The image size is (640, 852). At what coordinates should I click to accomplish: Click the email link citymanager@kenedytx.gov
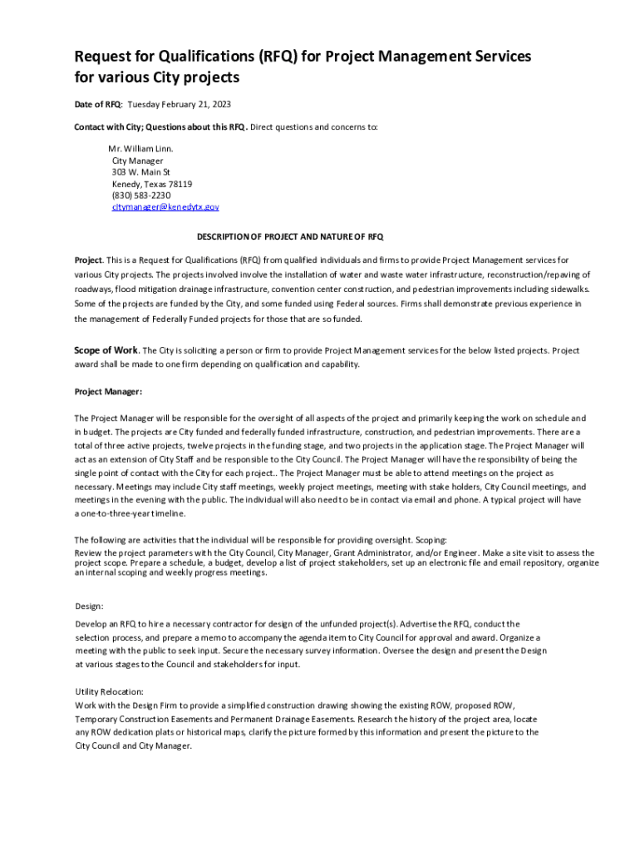tap(165, 206)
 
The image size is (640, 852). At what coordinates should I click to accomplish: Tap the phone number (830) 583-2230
tap(141, 196)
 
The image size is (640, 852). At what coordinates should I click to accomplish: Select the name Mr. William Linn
tap(140, 149)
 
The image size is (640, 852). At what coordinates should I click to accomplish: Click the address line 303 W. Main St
tap(140, 172)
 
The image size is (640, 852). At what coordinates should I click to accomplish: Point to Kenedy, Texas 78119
tap(152, 184)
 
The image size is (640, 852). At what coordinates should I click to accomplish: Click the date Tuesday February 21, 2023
tap(179, 104)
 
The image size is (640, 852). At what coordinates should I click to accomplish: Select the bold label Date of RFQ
tap(97, 104)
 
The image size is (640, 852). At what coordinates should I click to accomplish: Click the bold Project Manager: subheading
tap(108, 390)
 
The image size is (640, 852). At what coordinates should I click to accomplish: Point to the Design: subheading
tap(89, 606)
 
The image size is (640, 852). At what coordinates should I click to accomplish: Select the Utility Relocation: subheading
tap(109, 691)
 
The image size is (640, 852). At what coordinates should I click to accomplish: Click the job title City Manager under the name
tap(137, 161)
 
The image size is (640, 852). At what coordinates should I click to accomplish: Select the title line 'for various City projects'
tap(157, 78)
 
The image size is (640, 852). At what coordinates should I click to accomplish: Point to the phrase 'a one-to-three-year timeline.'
tap(130, 513)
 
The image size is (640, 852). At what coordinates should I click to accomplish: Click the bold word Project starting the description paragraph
tap(88, 260)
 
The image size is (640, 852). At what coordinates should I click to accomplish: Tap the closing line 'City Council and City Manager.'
tap(133, 745)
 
